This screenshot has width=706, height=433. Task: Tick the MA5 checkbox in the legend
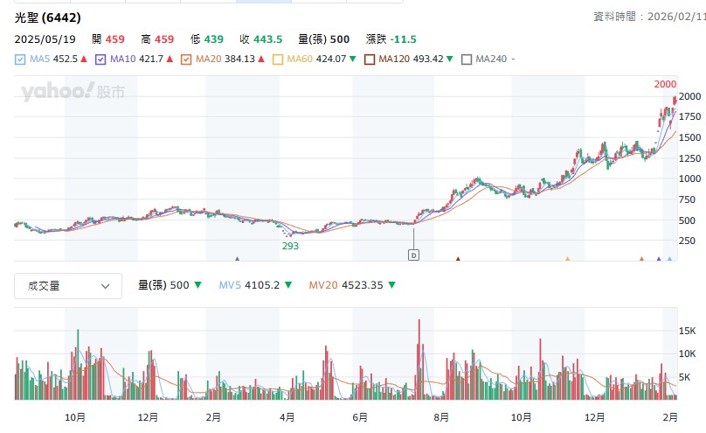(x=20, y=59)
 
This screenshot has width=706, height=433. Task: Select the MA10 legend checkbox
(x=100, y=59)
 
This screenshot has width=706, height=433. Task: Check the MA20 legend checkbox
(x=185, y=59)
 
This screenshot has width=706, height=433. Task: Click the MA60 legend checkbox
(x=279, y=59)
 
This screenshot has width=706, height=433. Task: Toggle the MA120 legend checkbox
(x=370, y=59)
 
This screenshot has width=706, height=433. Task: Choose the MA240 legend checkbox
(x=467, y=59)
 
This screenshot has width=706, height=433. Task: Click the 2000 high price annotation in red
(x=665, y=84)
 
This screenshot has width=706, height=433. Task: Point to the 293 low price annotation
(x=290, y=247)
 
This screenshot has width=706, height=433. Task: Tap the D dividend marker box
(x=414, y=255)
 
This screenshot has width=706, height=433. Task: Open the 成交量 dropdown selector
(x=67, y=285)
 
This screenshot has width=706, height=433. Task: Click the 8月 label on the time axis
(x=441, y=416)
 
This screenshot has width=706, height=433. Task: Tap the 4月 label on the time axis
(x=287, y=416)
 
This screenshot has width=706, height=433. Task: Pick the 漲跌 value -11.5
(x=404, y=39)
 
